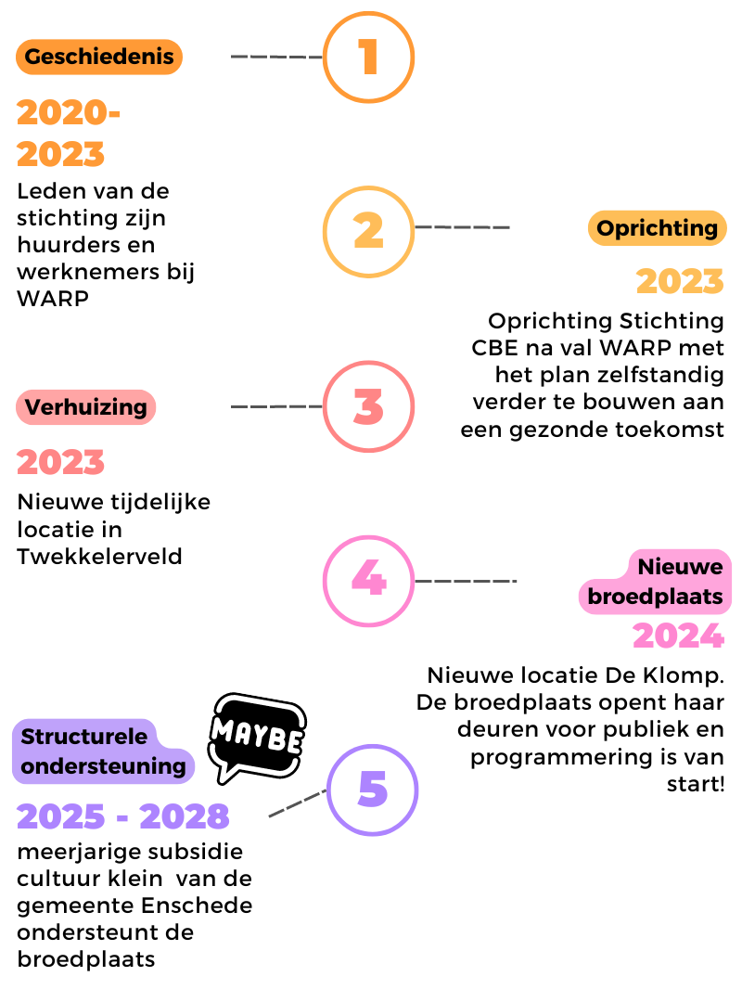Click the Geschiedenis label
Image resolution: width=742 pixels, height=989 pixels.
point(99,57)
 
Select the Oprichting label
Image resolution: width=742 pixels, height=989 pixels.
point(657,227)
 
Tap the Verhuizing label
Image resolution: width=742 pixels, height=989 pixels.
point(85,407)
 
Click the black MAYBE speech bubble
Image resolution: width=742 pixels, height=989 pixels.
point(257,736)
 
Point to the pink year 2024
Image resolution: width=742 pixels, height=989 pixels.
point(678,636)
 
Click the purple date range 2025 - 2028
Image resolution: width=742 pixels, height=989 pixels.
point(123,816)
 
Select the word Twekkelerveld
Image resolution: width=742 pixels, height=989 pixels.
point(99,557)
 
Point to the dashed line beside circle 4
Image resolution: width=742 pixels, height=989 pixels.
point(466,580)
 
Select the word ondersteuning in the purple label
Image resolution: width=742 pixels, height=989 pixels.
point(103,766)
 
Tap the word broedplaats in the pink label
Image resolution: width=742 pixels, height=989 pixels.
point(655,597)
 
